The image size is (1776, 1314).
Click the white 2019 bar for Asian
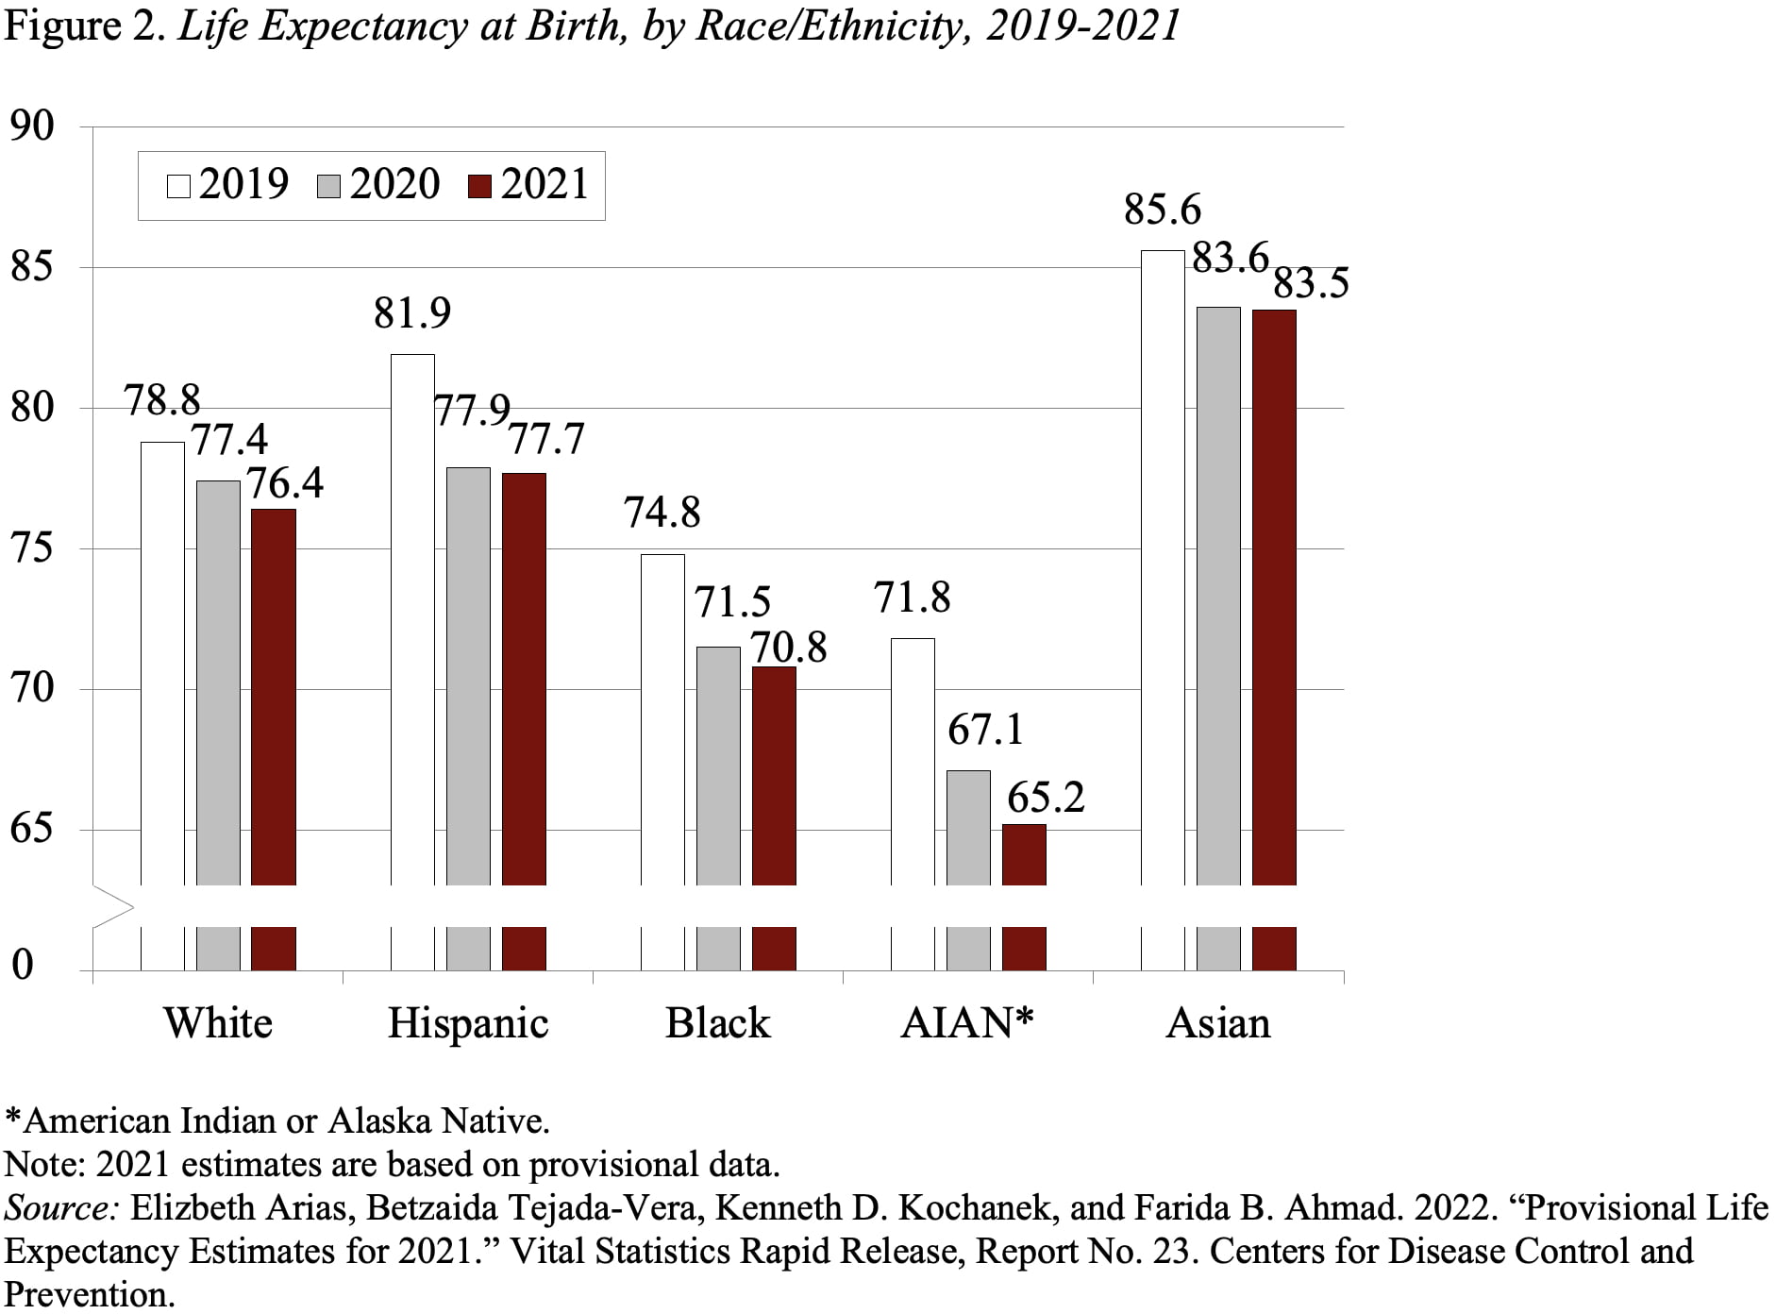point(1163,566)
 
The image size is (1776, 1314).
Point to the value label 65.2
point(1046,798)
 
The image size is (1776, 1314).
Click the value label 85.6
point(1163,210)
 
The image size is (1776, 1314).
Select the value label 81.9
point(412,313)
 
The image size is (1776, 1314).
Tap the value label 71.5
point(732,602)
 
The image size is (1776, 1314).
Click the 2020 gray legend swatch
point(328,185)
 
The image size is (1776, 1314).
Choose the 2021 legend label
point(545,184)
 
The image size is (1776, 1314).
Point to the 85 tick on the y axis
point(32,268)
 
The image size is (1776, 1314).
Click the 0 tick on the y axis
point(22,965)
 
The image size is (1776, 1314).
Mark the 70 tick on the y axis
point(32,687)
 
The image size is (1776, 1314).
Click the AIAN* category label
point(967,1023)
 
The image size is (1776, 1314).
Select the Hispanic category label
point(468,1023)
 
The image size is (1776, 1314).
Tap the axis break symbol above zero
point(113,907)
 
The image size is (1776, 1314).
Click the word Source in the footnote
point(59,1208)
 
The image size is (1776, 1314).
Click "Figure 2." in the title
point(85,25)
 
